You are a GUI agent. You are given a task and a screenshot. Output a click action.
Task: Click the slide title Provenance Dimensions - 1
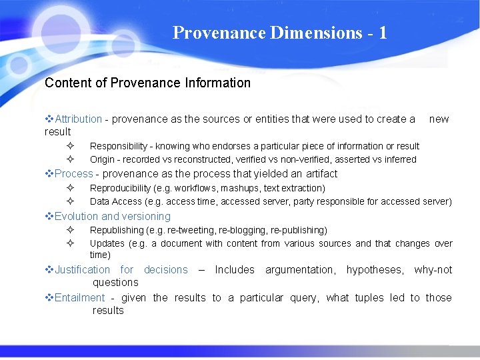[x=279, y=33]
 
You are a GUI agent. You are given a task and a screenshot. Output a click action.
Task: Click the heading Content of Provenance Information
[x=147, y=83]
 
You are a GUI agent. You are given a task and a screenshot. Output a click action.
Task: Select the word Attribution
[x=79, y=119]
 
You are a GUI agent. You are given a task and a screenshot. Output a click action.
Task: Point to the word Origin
[x=102, y=159]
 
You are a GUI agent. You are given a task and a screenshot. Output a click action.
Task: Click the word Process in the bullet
[x=74, y=174]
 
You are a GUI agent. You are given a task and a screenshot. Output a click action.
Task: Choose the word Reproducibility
[x=121, y=189]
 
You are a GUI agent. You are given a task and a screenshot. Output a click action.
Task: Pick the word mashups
[x=248, y=189]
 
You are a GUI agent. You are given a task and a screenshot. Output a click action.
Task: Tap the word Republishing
[x=117, y=230]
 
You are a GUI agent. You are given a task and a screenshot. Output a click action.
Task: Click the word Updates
[x=107, y=243]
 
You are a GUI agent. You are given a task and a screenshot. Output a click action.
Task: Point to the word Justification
[x=83, y=270]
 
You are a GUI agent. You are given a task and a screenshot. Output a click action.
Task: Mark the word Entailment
[x=80, y=298]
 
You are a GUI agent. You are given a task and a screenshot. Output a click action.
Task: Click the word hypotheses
[x=374, y=270]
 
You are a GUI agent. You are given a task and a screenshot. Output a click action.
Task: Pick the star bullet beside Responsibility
[x=69, y=146]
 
